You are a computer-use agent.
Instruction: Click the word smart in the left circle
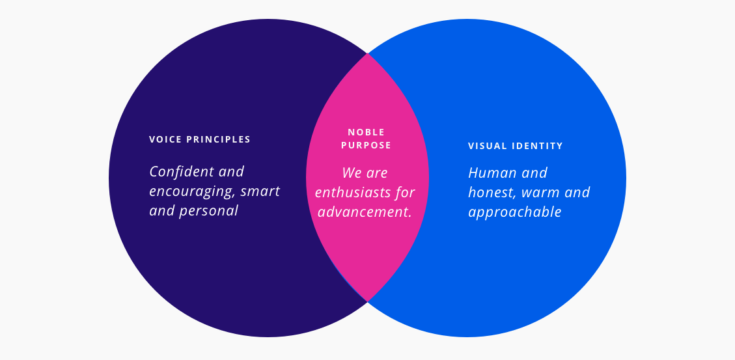pyautogui.click(x=260, y=191)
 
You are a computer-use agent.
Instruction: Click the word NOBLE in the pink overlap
pyautogui.click(x=367, y=132)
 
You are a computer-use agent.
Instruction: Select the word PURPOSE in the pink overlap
pyautogui.click(x=367, y=145)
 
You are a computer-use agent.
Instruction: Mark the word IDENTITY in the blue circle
pyautogui.click(x=538, y=146)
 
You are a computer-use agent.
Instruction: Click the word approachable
pyautogui.click(x=515, y=212)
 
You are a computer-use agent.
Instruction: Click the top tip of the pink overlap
pyautogui.click(x=368, y=55)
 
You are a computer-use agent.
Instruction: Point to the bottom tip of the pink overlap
pyautogui.click(x=368, y=300)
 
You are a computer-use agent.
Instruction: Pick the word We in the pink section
pyautogui.click(x=352, y=173)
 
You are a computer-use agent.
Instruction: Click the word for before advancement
pyautogui.click(x=404, y=193)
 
